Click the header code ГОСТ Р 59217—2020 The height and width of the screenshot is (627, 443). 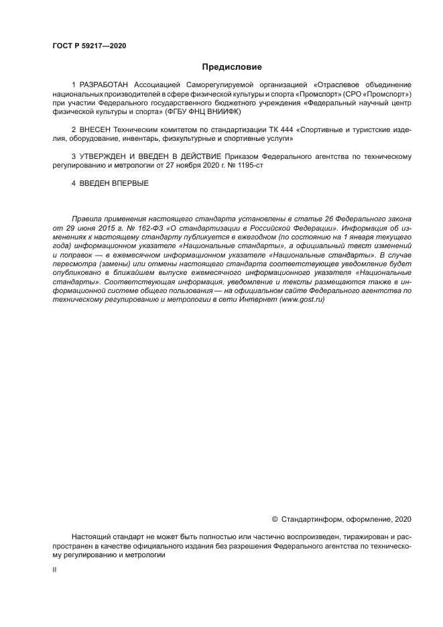pyautogui.click(x=89, y=46)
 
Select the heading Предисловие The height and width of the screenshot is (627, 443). pyautogui.click(x=232, y=67)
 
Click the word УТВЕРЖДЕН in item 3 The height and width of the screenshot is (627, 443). pyautogui.click(x=109, y=156)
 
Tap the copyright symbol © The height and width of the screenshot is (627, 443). pyautogui.click(x=275, y=518)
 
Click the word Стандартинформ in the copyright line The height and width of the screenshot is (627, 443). pyautogui.click(x=312, y=518)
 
